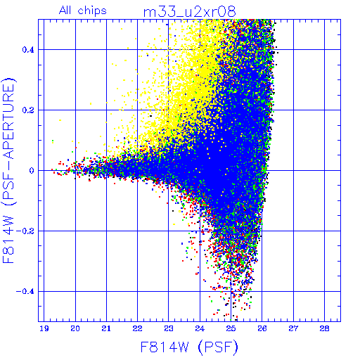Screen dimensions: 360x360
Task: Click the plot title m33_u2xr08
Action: coord(189,12)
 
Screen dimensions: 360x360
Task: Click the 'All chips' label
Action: coord(83,11)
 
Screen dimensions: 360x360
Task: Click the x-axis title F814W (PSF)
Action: coord(189,347)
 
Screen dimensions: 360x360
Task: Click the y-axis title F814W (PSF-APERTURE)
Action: coord(8,170)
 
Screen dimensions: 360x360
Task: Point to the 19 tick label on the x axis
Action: coord(44,328)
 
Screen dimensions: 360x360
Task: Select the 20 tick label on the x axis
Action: coord(75,328)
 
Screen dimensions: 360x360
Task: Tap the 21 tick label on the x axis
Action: coord(106,328)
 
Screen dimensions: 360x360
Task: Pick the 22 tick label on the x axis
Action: coord(137,328)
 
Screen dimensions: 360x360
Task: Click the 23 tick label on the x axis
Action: coord(169,328)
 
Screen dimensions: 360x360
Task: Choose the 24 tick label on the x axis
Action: coord(200,328)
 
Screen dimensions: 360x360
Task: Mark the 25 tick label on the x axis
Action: coord(231,328)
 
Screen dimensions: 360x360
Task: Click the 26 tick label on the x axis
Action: coord(262,328)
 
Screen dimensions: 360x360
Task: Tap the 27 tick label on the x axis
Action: coord(293,328)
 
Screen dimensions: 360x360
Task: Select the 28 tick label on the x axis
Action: coord(324,328)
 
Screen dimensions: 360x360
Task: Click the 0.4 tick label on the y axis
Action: coord(28,50)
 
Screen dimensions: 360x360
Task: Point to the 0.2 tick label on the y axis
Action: coord(28,110)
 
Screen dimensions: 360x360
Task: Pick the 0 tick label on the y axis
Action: coord(32,171)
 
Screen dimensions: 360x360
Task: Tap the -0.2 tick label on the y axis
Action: coord(25,231)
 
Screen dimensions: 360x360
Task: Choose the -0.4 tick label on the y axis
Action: coord(25,292)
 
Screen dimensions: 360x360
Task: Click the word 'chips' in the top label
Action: coord(92,11)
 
